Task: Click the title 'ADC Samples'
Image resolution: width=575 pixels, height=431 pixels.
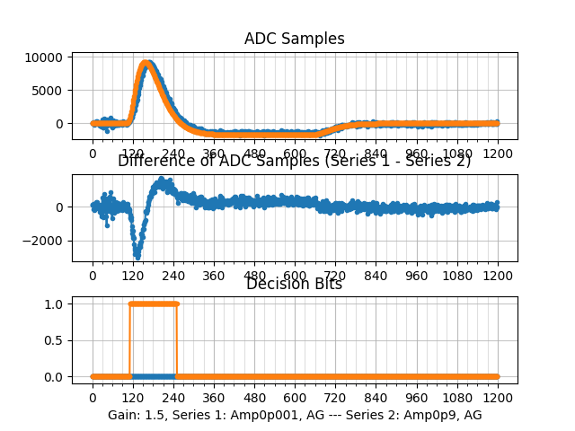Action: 294,39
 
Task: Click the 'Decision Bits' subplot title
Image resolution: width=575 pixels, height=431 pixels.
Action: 294,285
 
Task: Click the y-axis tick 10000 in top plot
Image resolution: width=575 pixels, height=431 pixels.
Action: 42,57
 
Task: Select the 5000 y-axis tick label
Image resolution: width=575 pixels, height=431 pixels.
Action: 46,91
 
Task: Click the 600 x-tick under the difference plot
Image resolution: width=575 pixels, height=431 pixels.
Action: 295,277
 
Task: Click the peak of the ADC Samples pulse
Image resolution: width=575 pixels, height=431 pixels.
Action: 147,63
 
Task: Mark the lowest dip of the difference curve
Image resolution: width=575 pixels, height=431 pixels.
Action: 137,256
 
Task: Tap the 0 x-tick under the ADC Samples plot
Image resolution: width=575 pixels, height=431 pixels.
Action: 93,154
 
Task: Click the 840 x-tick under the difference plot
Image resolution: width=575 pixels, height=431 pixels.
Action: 376,277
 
